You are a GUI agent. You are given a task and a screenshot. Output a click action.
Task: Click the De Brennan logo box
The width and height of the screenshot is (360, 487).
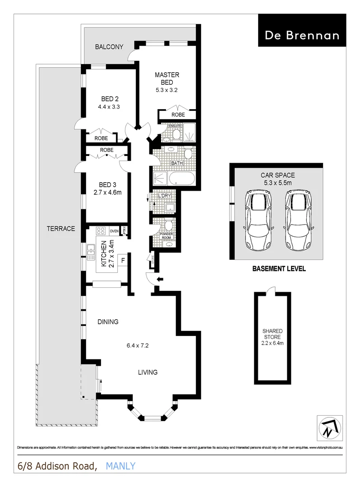pos(302,30)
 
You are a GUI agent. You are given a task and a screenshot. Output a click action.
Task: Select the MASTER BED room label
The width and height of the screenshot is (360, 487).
pos(167,78)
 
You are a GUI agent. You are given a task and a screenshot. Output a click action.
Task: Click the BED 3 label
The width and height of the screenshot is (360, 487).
pos(108,184)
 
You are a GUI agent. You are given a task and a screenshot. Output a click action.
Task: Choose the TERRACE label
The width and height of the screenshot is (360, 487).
pos(60,229)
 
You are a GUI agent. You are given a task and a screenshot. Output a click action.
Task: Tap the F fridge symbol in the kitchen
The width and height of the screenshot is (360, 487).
pos(121,260)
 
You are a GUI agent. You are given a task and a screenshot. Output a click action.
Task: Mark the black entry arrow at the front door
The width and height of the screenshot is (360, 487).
pos(159,280)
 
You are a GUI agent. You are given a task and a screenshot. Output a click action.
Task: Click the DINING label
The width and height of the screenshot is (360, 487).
pos(108,322)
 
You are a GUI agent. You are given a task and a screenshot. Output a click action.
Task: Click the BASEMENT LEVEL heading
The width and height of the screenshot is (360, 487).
pos(278,269)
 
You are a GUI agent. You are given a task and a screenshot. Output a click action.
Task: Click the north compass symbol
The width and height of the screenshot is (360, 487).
pos(328,426)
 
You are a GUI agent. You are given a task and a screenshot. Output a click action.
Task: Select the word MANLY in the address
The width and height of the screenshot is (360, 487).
pos(120,466)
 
